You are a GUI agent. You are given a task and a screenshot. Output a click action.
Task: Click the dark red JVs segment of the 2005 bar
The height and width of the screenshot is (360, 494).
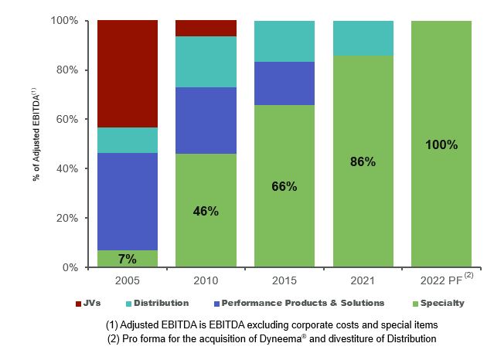point(128,74)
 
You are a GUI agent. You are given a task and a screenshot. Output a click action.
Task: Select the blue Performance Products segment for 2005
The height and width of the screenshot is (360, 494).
point(128,202)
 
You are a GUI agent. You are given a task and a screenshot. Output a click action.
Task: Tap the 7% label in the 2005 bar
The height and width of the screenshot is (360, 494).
point(128,259)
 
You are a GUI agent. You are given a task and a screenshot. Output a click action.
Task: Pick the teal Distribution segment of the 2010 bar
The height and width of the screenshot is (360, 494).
point(206,62)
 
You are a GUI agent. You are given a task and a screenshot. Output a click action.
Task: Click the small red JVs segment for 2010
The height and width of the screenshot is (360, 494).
point(206,29)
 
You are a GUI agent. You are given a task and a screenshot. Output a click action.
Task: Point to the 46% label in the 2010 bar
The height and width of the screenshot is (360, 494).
point(206,211)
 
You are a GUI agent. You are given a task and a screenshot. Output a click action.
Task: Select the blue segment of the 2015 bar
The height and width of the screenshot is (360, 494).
point(284,83)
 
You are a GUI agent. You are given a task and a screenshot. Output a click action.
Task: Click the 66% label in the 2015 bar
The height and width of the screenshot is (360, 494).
point(284,186)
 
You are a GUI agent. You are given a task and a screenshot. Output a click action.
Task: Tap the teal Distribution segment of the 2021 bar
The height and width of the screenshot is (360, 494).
point(363,39)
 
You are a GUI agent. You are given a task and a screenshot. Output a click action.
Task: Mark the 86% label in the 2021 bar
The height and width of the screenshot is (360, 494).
point(363,162)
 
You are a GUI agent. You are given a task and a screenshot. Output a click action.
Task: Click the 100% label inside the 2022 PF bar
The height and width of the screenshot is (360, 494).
point(441,145)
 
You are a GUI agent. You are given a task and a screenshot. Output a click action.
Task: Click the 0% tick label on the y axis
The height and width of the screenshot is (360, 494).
point(70,267)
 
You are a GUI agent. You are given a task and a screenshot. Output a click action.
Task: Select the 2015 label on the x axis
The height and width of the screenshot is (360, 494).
point(284,280)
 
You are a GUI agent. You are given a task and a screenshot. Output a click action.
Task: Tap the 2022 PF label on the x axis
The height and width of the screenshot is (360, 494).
point(441,280)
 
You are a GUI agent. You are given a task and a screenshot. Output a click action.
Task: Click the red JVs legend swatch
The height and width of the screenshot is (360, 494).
point(78,304)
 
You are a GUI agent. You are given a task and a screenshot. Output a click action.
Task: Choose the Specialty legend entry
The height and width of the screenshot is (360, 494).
point(438,304)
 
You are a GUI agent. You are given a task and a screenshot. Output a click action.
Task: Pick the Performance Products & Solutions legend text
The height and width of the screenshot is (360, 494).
point(303,303)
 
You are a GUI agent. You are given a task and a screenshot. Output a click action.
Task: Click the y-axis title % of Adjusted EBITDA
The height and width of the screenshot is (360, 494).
point(36,135)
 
